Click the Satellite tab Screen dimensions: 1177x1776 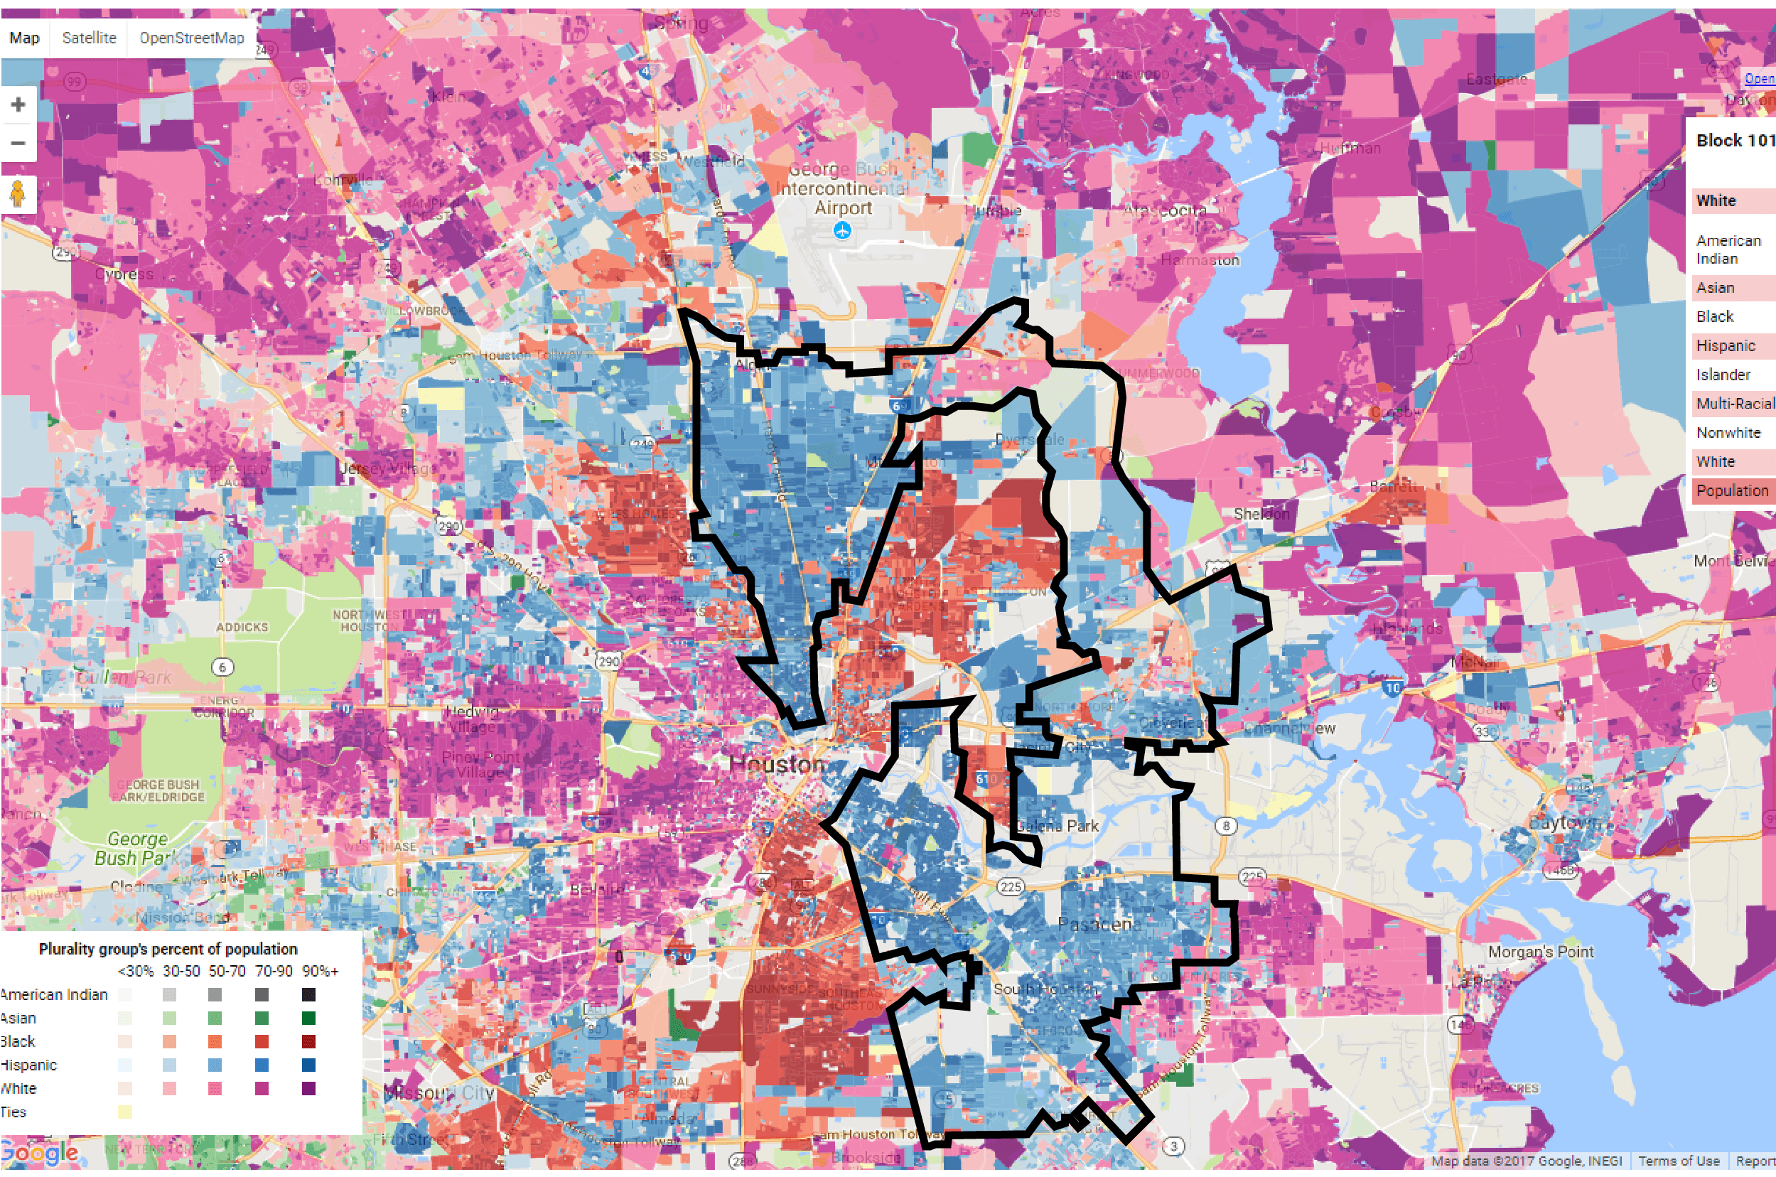pyautogui.click(x=89, y=38)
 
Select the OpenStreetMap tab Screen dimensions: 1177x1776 pyautogui.click(x=191, y=38)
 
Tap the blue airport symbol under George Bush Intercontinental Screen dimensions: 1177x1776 pyautogui.click(x=842, y=231)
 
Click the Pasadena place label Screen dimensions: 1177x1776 pyautogui.click(x=1099, y=924)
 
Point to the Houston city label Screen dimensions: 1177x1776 pyautogui.click(x=777, y=764)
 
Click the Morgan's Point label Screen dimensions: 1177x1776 pyautogui.click(x=1540, y=951)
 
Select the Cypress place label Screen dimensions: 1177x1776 pyautogui.click(x=124, y=274)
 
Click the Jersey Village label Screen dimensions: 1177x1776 pyautogui.click(x=386, y=468)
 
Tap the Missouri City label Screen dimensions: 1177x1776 pyautogui.click(x=439, y=1092)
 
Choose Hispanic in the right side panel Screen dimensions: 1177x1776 pyautogui.click(x=1726, y=345)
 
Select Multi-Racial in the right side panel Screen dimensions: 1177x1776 pyautogui.click(x=1735, y=403)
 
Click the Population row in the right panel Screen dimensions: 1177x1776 pyautogui.click(x=1732, y=490)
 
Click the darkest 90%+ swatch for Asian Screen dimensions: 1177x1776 pyautogui.click(x=308, y=1018)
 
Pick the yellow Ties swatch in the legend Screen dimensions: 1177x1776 pyautogui.click(x=124, y=1112)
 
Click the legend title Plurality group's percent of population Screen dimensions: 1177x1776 pyautogui.click(x=168, y=949)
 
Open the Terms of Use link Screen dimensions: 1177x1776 pyautogui.click(x=1679, y=1161)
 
